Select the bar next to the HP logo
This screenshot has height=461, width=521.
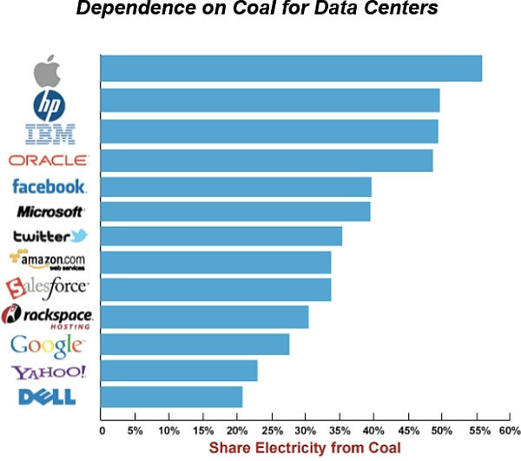[270, 101]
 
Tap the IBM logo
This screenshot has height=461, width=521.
[50, 133]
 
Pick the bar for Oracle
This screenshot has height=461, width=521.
[267, 161]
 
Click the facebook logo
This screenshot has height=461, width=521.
[49, 186]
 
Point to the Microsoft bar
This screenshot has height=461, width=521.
[235, 211]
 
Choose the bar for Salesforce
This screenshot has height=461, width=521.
[216, 289]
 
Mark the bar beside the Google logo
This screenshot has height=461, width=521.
[195, 344]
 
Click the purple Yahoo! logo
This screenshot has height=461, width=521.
[49, 372]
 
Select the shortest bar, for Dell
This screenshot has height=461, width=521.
[172, 397]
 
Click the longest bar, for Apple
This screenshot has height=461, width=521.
[291, 68]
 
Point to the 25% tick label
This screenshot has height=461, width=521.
[271, 430]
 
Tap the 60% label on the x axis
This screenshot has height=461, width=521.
[508, 430]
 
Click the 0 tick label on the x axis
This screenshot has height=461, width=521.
[102, 430]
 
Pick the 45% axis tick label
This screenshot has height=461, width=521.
[406, 430]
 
